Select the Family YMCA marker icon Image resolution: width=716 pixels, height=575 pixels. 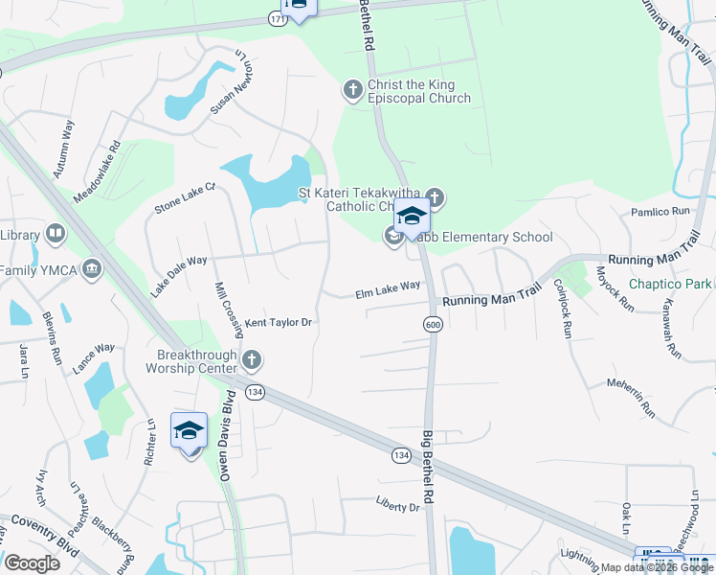point(93,268)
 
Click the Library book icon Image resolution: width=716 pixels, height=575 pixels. point(56,234)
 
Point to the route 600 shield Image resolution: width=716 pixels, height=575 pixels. point(433,326)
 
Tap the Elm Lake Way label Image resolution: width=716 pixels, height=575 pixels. point(388,286)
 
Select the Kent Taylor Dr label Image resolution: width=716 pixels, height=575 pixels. point(280,323)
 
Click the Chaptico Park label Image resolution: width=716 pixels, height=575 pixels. point(670,284)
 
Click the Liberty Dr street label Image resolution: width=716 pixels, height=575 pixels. point(398,506)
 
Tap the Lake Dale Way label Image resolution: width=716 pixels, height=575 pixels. point(178,274)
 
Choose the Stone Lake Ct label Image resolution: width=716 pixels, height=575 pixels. point(186,199)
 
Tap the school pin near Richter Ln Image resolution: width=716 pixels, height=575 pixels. point(189,431)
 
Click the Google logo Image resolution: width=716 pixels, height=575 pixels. point(32,563)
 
